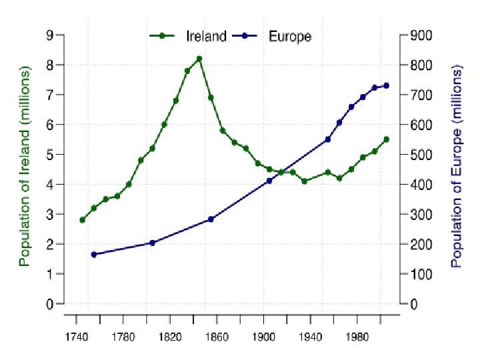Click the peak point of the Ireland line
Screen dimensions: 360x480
[199, 59]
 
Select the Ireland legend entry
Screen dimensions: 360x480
[205, 36]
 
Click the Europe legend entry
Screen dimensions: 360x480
[289, 36]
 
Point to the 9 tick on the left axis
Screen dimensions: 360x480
[50, 35]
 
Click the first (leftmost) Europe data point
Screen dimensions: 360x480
[93, 254]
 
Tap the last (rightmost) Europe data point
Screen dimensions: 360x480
[386, 85]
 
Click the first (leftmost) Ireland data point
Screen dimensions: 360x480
[82, 220]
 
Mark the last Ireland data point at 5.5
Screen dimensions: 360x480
[386, 139]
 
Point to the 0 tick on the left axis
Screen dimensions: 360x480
[50, 304]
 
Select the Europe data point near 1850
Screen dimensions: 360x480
[211, 219]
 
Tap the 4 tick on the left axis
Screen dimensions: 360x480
[50, 185]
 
